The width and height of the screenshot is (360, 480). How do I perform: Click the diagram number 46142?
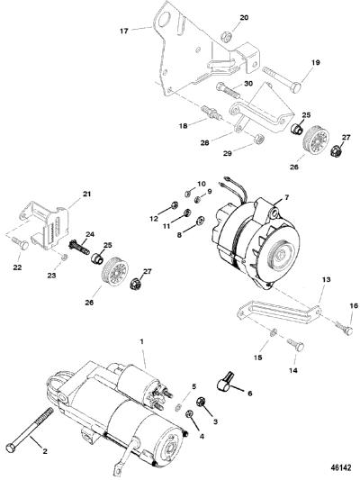coord(341,467)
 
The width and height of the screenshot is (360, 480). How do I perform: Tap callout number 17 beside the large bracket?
coord(124,31)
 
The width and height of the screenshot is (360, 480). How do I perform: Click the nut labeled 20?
coord(225,36)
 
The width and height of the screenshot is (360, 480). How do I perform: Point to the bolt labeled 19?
coord(282,79)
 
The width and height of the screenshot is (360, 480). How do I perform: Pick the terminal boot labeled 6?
coord(225,381)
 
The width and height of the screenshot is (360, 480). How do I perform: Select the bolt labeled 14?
coord(295,344)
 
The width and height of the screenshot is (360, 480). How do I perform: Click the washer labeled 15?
coord(274,331)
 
